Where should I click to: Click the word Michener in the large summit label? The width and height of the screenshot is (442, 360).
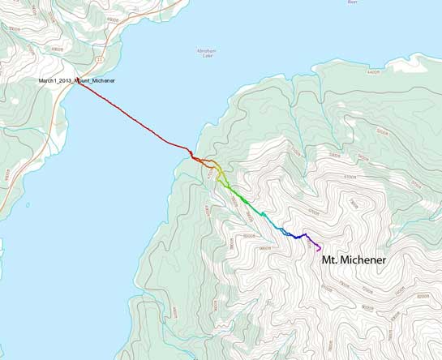point(362,261)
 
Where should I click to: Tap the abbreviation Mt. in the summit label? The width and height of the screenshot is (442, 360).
point(325,261)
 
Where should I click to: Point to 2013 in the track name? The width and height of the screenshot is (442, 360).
point(70,81)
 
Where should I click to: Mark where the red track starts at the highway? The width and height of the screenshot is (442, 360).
point(79,85)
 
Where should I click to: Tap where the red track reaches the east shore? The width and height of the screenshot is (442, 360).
point(191,155)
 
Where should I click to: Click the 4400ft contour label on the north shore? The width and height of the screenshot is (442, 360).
point(372,73)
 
